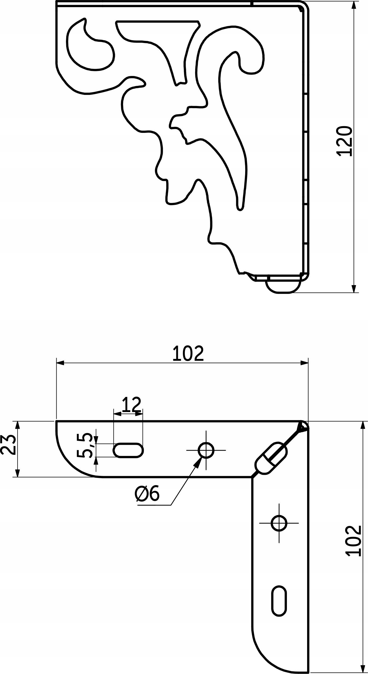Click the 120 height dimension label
(344, 141)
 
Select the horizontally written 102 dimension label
(188, 354)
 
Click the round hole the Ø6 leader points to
(206, 450)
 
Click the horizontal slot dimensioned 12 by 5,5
(129, 450)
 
